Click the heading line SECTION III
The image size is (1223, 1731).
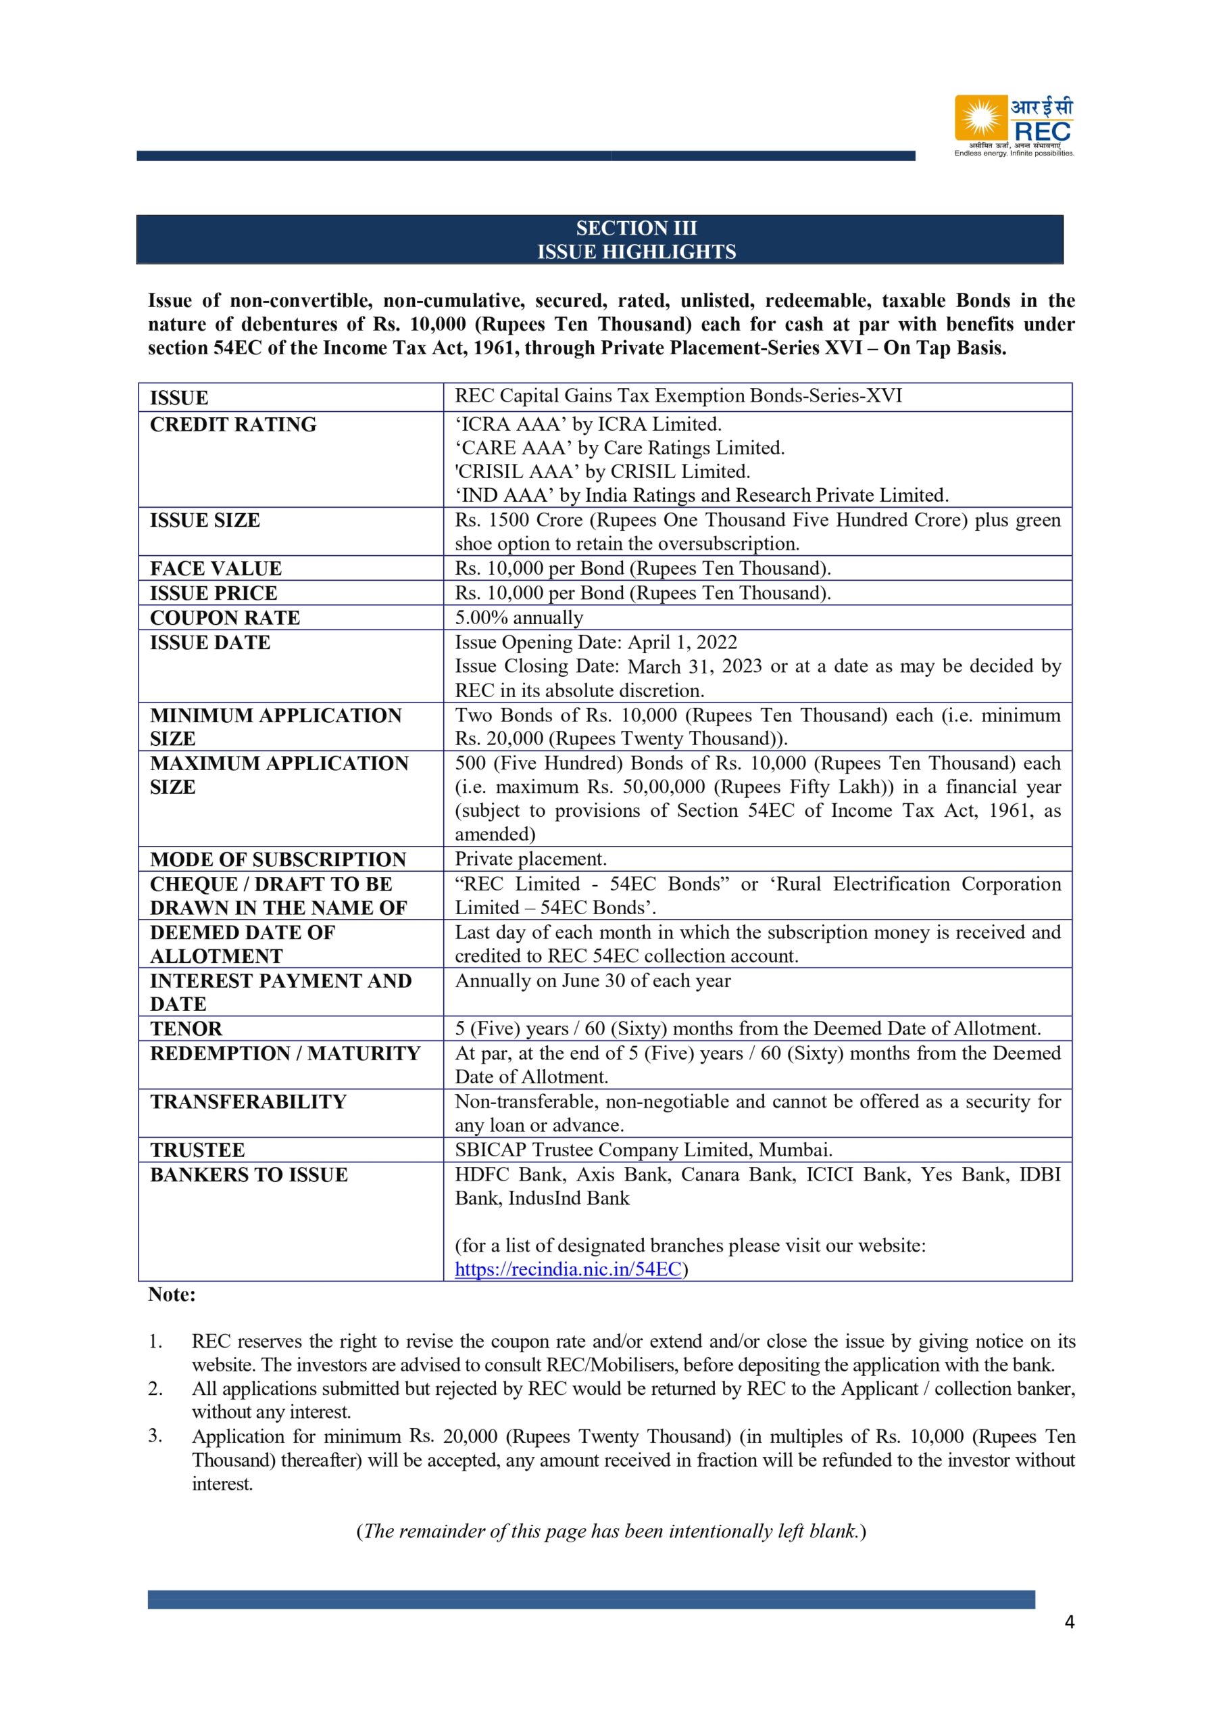pos(636,228)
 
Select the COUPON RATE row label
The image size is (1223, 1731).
pos(224,617)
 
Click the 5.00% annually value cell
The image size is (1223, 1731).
pos(518,617)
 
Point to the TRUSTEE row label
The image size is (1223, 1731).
pos(197,1149)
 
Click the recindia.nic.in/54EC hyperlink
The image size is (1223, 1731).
pos(568,1269)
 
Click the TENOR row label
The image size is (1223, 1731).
pos(186,1028)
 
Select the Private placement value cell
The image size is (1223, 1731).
pos(530,859)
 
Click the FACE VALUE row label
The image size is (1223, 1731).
pos(216,569)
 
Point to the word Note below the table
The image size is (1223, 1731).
pos(171,1294)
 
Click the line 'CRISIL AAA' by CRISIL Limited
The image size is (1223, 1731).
pos(602,471)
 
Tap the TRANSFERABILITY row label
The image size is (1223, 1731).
pos(248,1101)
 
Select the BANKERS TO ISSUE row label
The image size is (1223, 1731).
pos(249,1175)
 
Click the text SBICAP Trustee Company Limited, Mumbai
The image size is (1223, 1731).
pos(643,1149)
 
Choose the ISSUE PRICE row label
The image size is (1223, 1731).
pos(214,593)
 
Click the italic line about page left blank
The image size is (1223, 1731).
pos(611,1532)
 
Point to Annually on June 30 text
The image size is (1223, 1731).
pos(593,981)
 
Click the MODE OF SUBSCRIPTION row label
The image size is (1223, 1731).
pos(278,859)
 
